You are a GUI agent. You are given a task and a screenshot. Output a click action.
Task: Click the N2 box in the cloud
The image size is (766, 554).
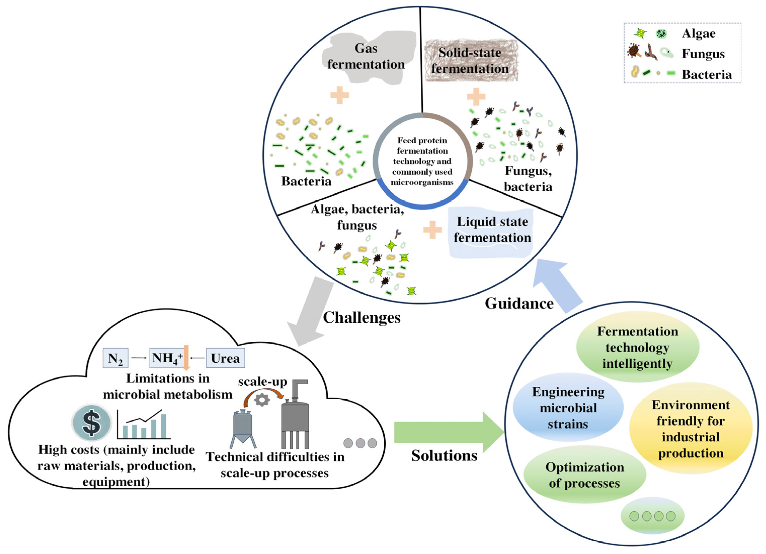[115, 358]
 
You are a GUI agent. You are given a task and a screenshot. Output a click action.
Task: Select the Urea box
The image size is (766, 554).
[225, 358]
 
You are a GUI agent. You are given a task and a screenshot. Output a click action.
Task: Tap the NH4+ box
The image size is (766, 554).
[167, 358]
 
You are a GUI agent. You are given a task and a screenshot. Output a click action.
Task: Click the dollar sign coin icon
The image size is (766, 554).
[92, 422]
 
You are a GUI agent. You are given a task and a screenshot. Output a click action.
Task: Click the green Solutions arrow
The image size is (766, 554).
[449, 432]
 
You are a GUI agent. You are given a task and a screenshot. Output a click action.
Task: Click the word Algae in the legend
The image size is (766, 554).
[698, 33]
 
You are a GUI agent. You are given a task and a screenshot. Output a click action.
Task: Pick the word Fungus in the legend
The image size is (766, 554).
[703, 54]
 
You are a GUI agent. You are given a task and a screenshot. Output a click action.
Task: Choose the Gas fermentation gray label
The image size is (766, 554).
[368, 57]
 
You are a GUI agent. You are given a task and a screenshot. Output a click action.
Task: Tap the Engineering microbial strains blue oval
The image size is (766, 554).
[568, 407]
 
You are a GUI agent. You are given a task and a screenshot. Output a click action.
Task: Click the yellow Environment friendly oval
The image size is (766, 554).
[691, 428]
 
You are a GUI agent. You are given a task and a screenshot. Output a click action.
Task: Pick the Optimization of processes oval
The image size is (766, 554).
[585, 475]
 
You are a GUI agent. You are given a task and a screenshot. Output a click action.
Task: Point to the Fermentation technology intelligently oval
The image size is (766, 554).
[638, 347]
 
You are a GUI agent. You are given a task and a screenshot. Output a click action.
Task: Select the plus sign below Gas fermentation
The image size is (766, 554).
[339, 95]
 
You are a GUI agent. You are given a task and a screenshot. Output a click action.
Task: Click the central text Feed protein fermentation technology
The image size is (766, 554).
[422, 161]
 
